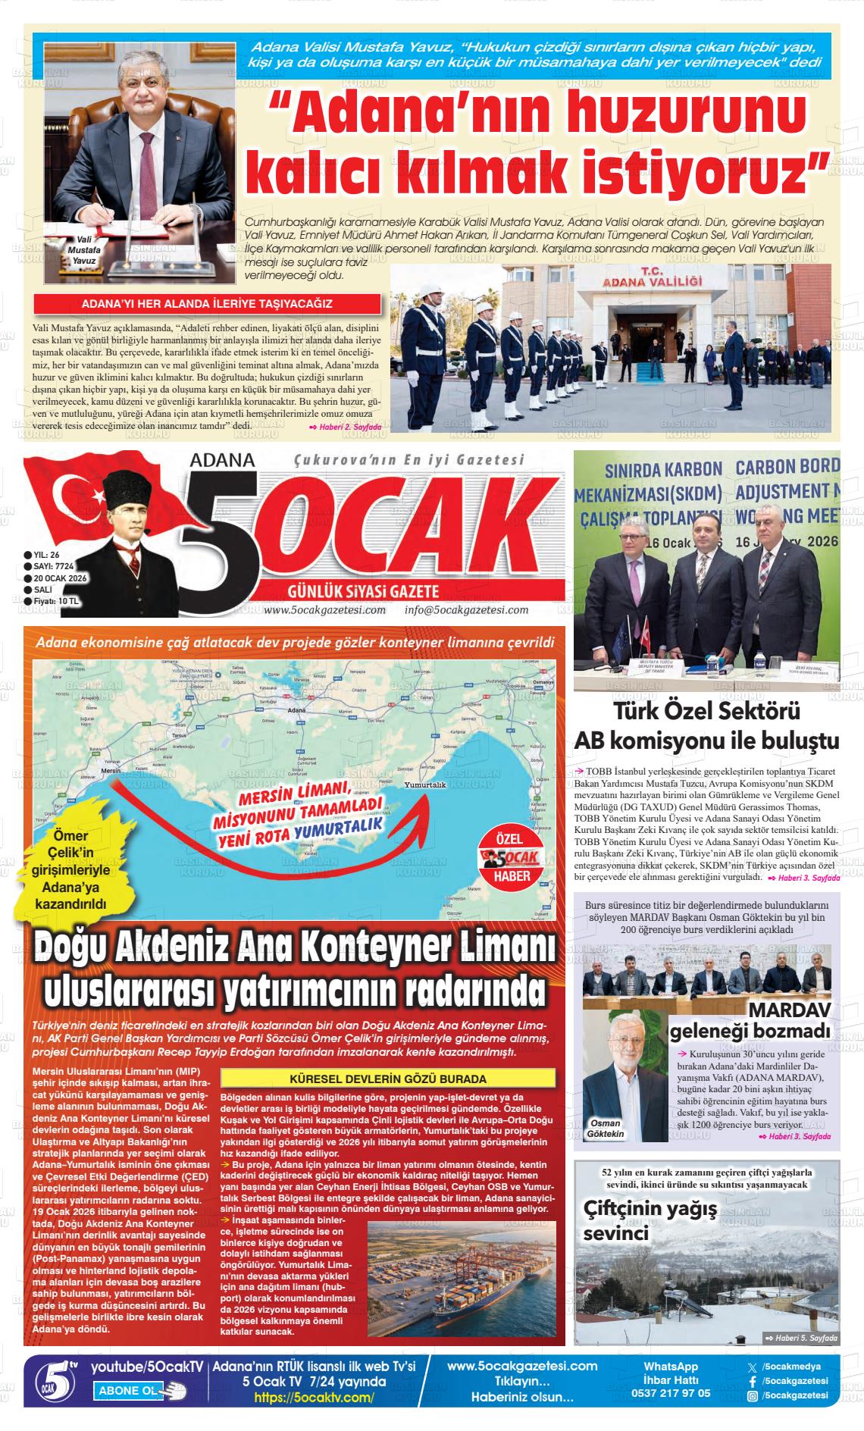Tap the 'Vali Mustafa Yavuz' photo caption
click(x=78, y=249)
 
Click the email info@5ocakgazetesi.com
click(x=466, y=610)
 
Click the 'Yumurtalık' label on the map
click(x=424, y=785)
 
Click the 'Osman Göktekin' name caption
click(x=606, y=1128)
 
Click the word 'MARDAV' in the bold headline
click(x=789, y=1010)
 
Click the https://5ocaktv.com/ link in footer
click(x=314, y=1397)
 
